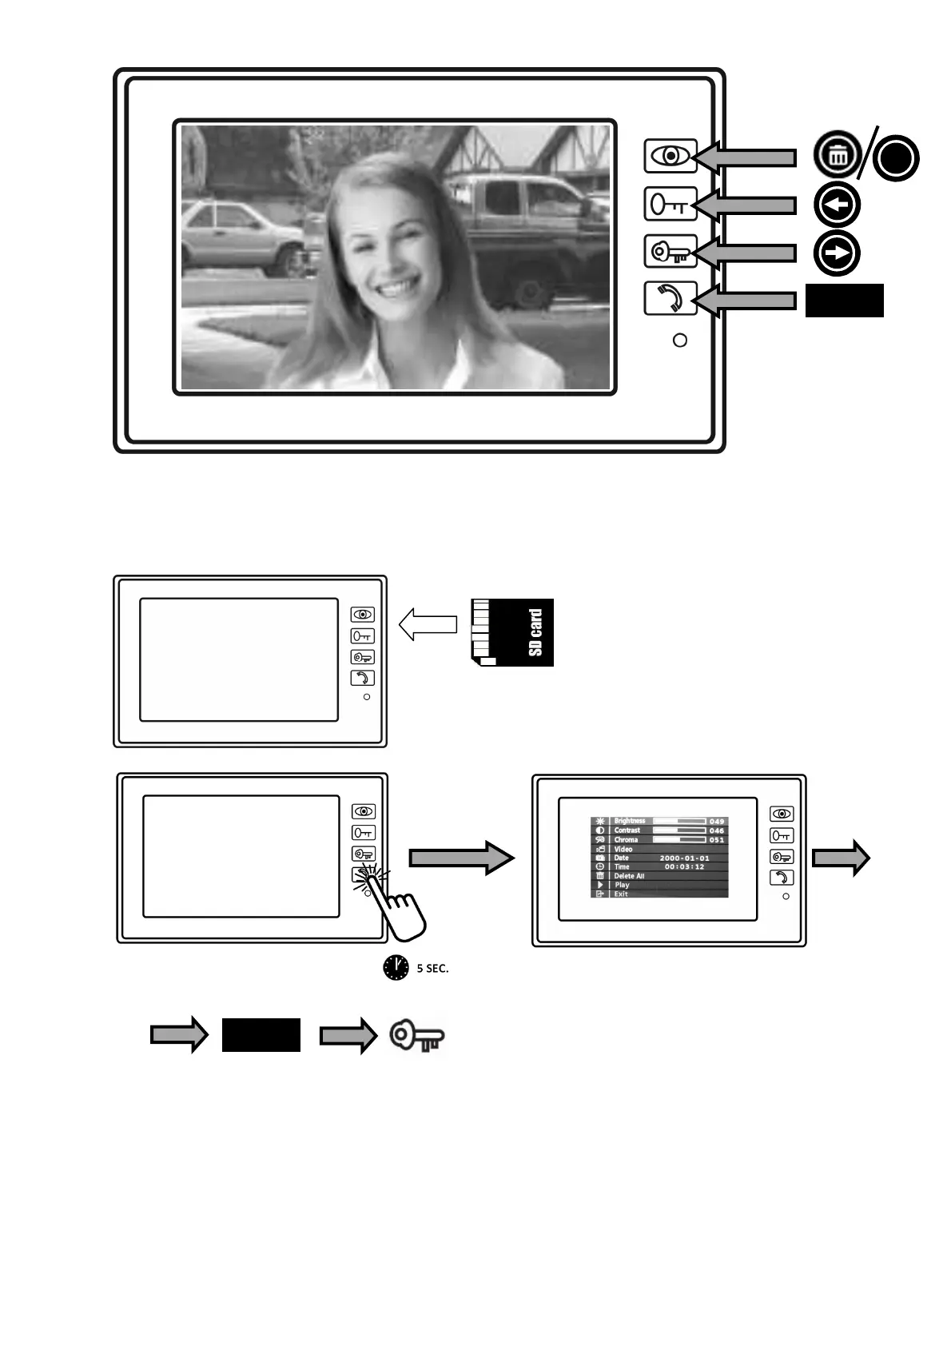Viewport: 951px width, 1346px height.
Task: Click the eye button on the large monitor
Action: click(670, 156)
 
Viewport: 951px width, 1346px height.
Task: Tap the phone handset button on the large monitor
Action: click(670, 299)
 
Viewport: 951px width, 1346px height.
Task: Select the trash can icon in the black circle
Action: click(837, 155)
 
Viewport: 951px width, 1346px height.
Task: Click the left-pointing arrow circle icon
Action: click(837, 205)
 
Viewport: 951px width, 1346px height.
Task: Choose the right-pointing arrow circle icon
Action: click(837, 253)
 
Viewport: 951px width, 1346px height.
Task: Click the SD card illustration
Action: click(512, 632)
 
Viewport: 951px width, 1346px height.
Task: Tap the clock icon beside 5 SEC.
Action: click(396, 967)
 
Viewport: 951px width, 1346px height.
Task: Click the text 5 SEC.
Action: click(432, 969)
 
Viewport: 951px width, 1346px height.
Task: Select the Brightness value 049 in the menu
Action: click(716, 821)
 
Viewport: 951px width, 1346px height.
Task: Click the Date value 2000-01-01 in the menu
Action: click(684, 858)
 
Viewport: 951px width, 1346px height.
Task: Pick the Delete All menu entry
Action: click(629, 876)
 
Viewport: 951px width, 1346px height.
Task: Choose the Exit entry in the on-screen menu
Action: click(621, 894)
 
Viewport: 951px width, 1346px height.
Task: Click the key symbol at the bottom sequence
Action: click(416, 1037)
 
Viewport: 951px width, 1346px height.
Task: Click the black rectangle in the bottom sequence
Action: click(261, 1035)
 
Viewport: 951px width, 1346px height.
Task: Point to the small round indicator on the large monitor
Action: click(680, 340)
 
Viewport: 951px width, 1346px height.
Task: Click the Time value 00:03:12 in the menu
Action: click(684, 866)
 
